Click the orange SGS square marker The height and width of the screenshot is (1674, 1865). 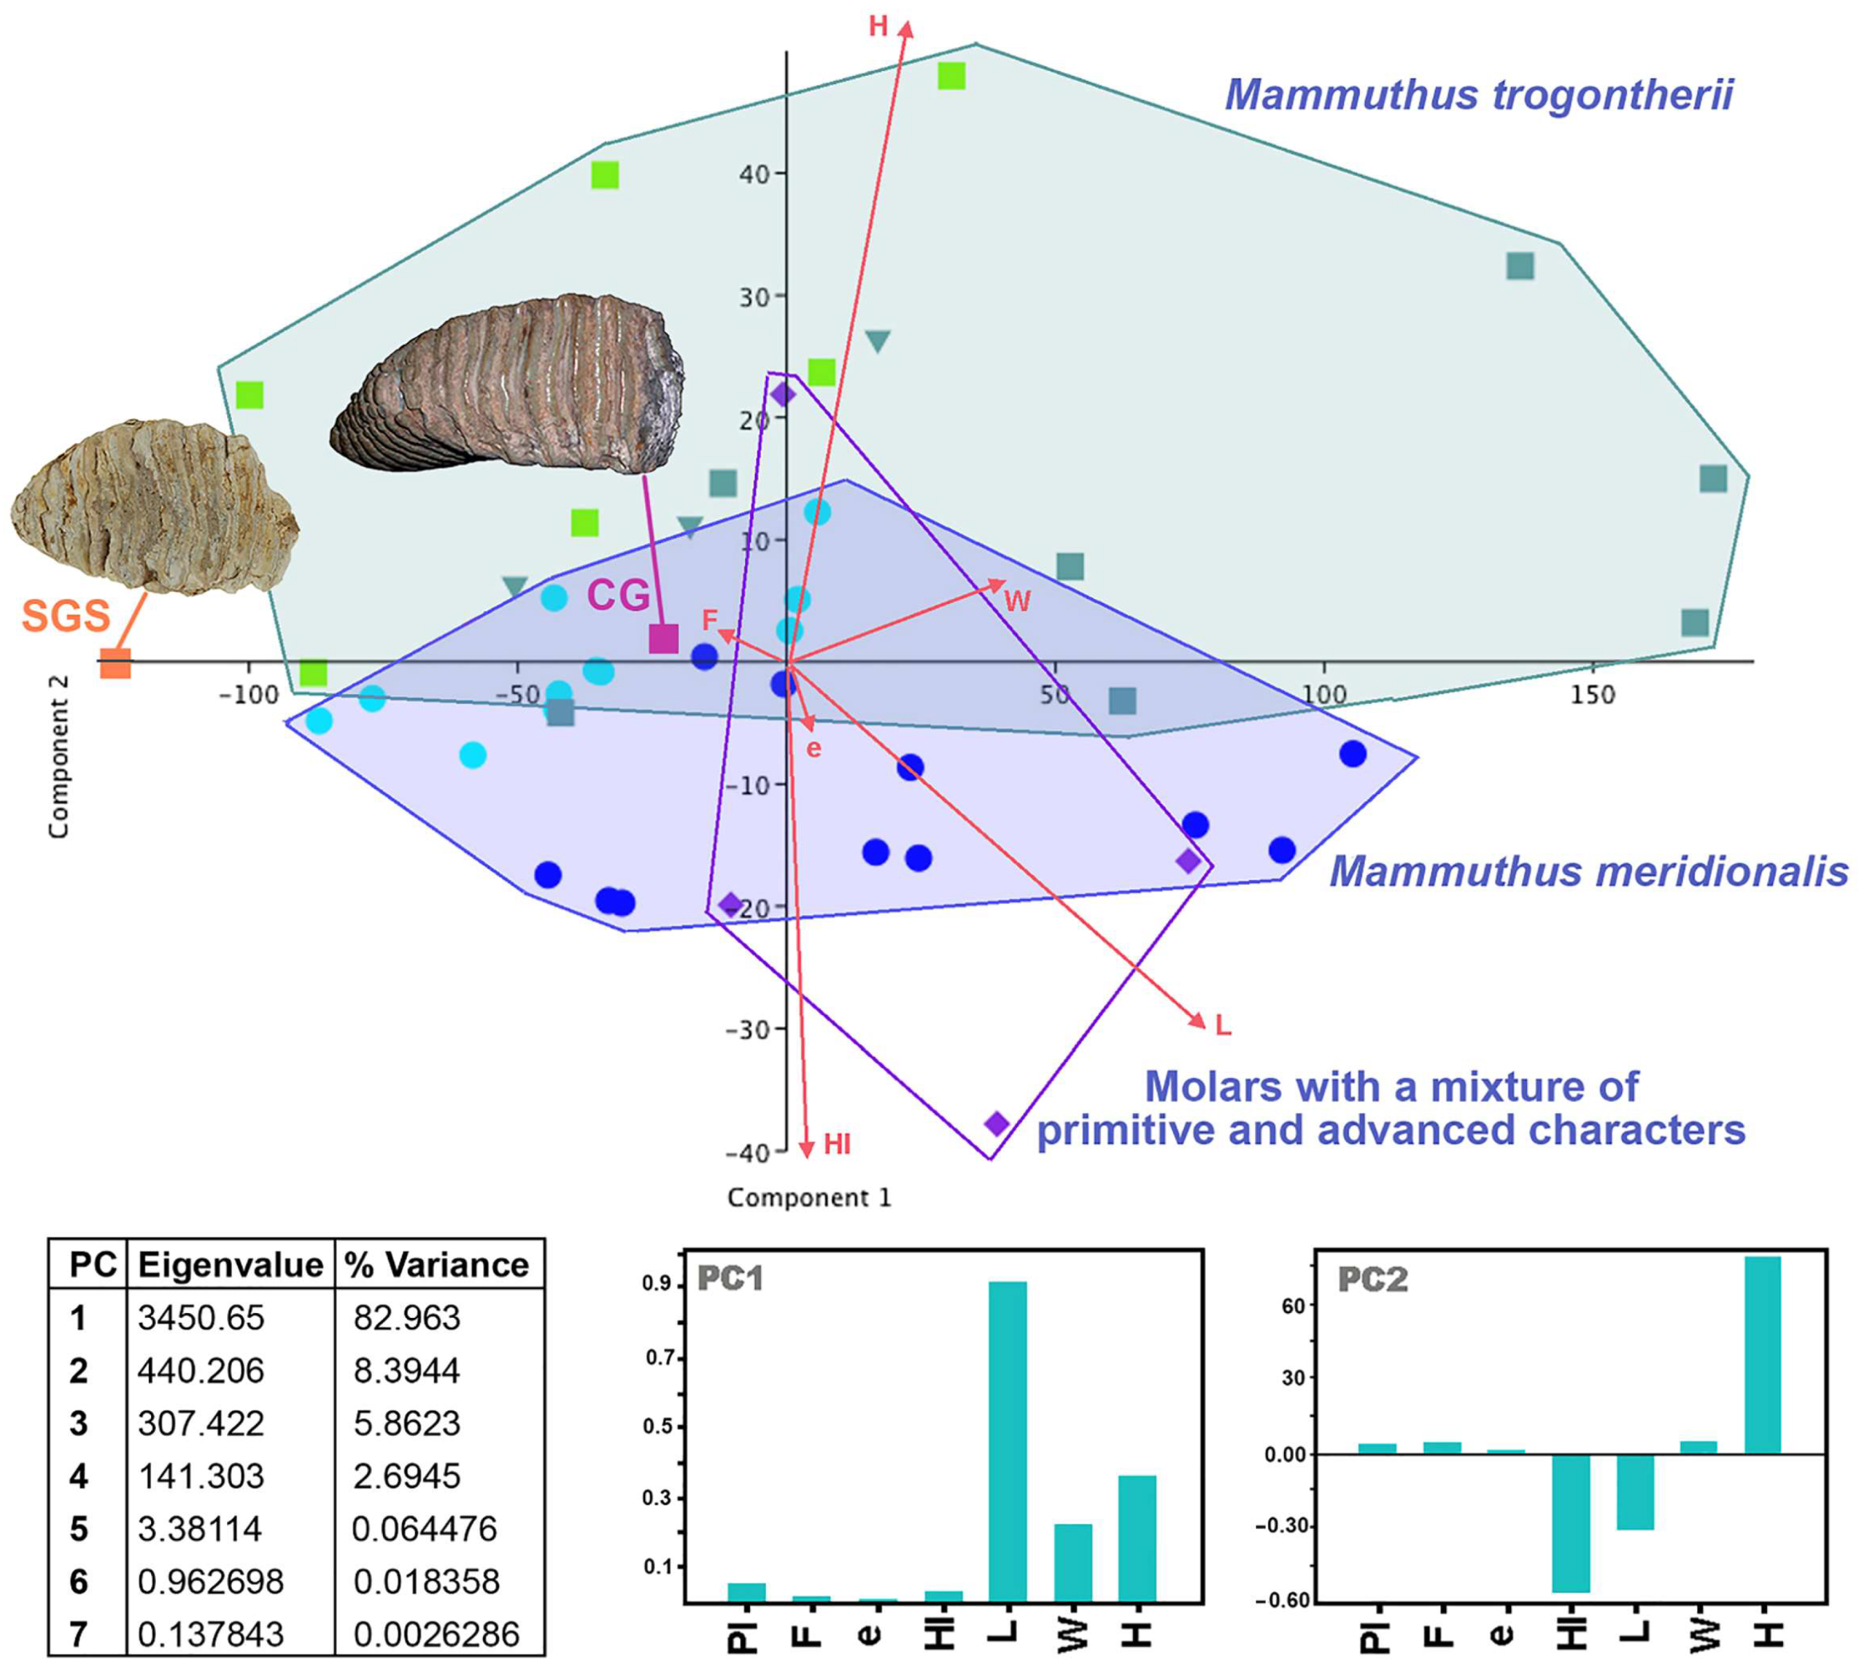(115, 663)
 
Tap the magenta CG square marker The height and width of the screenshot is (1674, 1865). (663, 638)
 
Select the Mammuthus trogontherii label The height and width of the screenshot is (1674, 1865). (1479, 95)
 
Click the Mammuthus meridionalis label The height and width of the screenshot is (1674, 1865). (1588, 871)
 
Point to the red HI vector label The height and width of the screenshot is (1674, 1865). (837, 1144)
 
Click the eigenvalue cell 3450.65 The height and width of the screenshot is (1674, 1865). (201, 1318)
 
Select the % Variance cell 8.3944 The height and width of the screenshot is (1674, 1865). (406, 1370)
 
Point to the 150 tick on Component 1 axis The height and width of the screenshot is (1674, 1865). (1592, 694)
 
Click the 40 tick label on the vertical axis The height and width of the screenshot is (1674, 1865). (754, 173)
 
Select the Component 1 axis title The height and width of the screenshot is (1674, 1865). (809, 1198)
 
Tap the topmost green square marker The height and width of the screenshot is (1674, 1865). (951, 75)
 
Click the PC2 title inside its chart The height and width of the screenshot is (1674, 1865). (1372, 1280)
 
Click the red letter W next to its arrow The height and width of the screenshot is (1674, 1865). (1016, 602)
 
